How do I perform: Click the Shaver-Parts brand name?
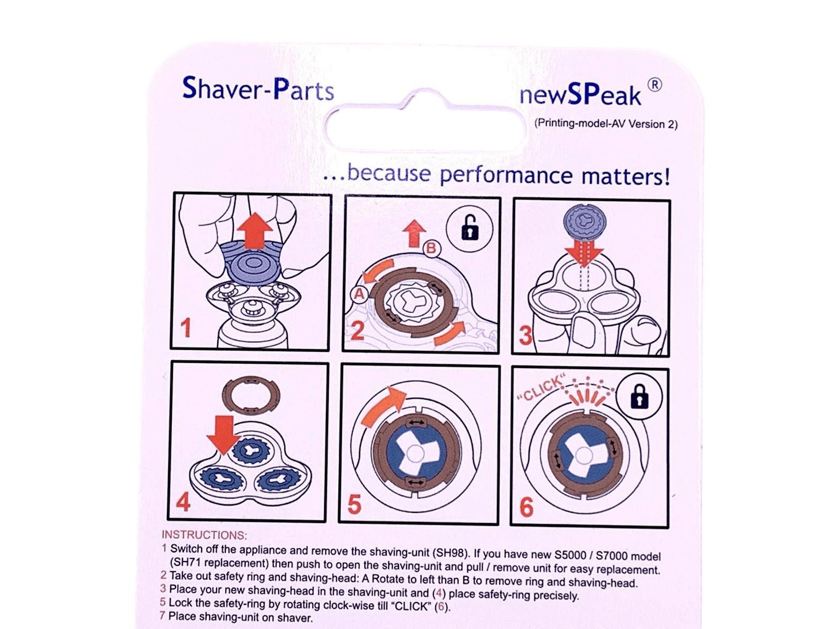(258, 89)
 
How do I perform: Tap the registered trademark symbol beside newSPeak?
(654, 85)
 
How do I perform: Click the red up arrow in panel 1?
(255, 232)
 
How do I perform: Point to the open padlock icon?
(470, 228)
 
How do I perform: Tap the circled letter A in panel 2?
(359, 294)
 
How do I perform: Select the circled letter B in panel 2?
(432, 249)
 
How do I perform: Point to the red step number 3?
(526, 335)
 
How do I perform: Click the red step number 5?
(354, 504)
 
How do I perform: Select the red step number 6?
(527, 507)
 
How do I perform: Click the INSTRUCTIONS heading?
(204, 535)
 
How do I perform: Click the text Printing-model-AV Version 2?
(606, 124)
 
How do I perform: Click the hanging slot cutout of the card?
(425, 126)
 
